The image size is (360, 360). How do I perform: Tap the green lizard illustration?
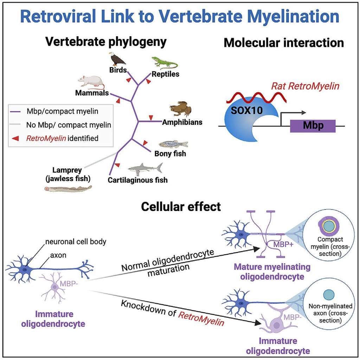tap(165, 63)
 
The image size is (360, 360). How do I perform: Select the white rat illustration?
tap(91, 81)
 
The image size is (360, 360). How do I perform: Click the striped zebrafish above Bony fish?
tap(173, 144)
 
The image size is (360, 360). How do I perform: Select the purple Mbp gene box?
tap(313, 126)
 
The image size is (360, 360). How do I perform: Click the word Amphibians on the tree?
tap(182, 122)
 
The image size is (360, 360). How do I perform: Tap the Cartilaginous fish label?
tap(137, 180)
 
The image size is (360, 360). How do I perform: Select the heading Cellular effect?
tap(181, 206)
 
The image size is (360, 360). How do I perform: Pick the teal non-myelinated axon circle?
tap(328, 294)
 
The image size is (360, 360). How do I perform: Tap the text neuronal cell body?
tap(76, 242)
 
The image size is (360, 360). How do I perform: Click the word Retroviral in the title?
tap(61, 17)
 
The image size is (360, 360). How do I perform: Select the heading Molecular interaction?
tap(284, 43)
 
